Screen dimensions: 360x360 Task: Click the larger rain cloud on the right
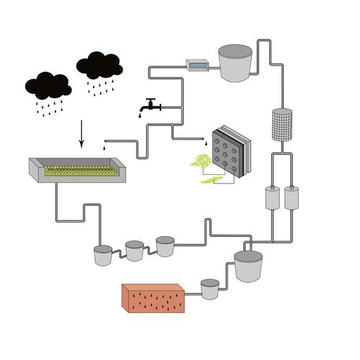(x=99, y=66)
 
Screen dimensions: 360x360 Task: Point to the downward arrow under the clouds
(x=81, y=133)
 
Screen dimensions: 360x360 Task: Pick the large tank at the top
(x=235, y=63)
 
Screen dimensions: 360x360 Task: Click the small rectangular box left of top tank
(x=197, y=65)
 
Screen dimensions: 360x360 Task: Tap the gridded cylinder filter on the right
(x=282, y=125)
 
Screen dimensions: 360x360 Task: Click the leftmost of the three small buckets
(x=103, y=256)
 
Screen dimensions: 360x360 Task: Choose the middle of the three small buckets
(x=135, y=251)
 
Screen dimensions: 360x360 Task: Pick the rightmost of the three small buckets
(x=165, y=246)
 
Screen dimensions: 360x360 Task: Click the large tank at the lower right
(x=248, y=266)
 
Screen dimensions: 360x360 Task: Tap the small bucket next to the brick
(x=210, y=289)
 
